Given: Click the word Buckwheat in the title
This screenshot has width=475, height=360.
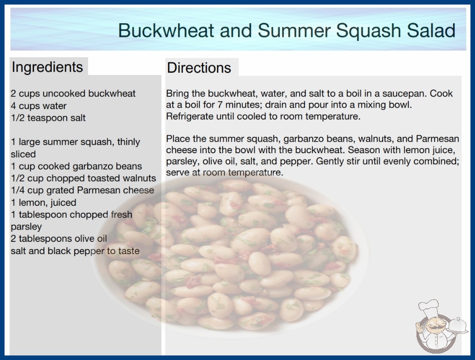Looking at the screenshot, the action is pyautogui.click(x=166, y=30).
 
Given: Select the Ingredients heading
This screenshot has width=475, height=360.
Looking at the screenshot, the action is pyautogui.click(x=47, y=67).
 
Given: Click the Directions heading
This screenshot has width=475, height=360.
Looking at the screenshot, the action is pyautogui.click(x=199, y=68).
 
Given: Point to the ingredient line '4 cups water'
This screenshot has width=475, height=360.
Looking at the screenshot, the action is pyautogui.click(x=39, y=106).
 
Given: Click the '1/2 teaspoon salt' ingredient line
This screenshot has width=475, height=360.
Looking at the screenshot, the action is pyautogui.click(x=48, y=118).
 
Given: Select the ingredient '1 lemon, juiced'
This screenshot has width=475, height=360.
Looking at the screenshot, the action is pyautogui.click(x=43, y=202).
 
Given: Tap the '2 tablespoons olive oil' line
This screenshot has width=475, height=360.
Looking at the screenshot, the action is pyautogui.click(x=59, y=239).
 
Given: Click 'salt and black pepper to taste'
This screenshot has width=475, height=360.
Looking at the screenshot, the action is pyautogui.click(x=75, y=251).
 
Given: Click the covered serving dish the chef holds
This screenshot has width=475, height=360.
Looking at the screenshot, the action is pyautogui.click(x=458, y=326).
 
